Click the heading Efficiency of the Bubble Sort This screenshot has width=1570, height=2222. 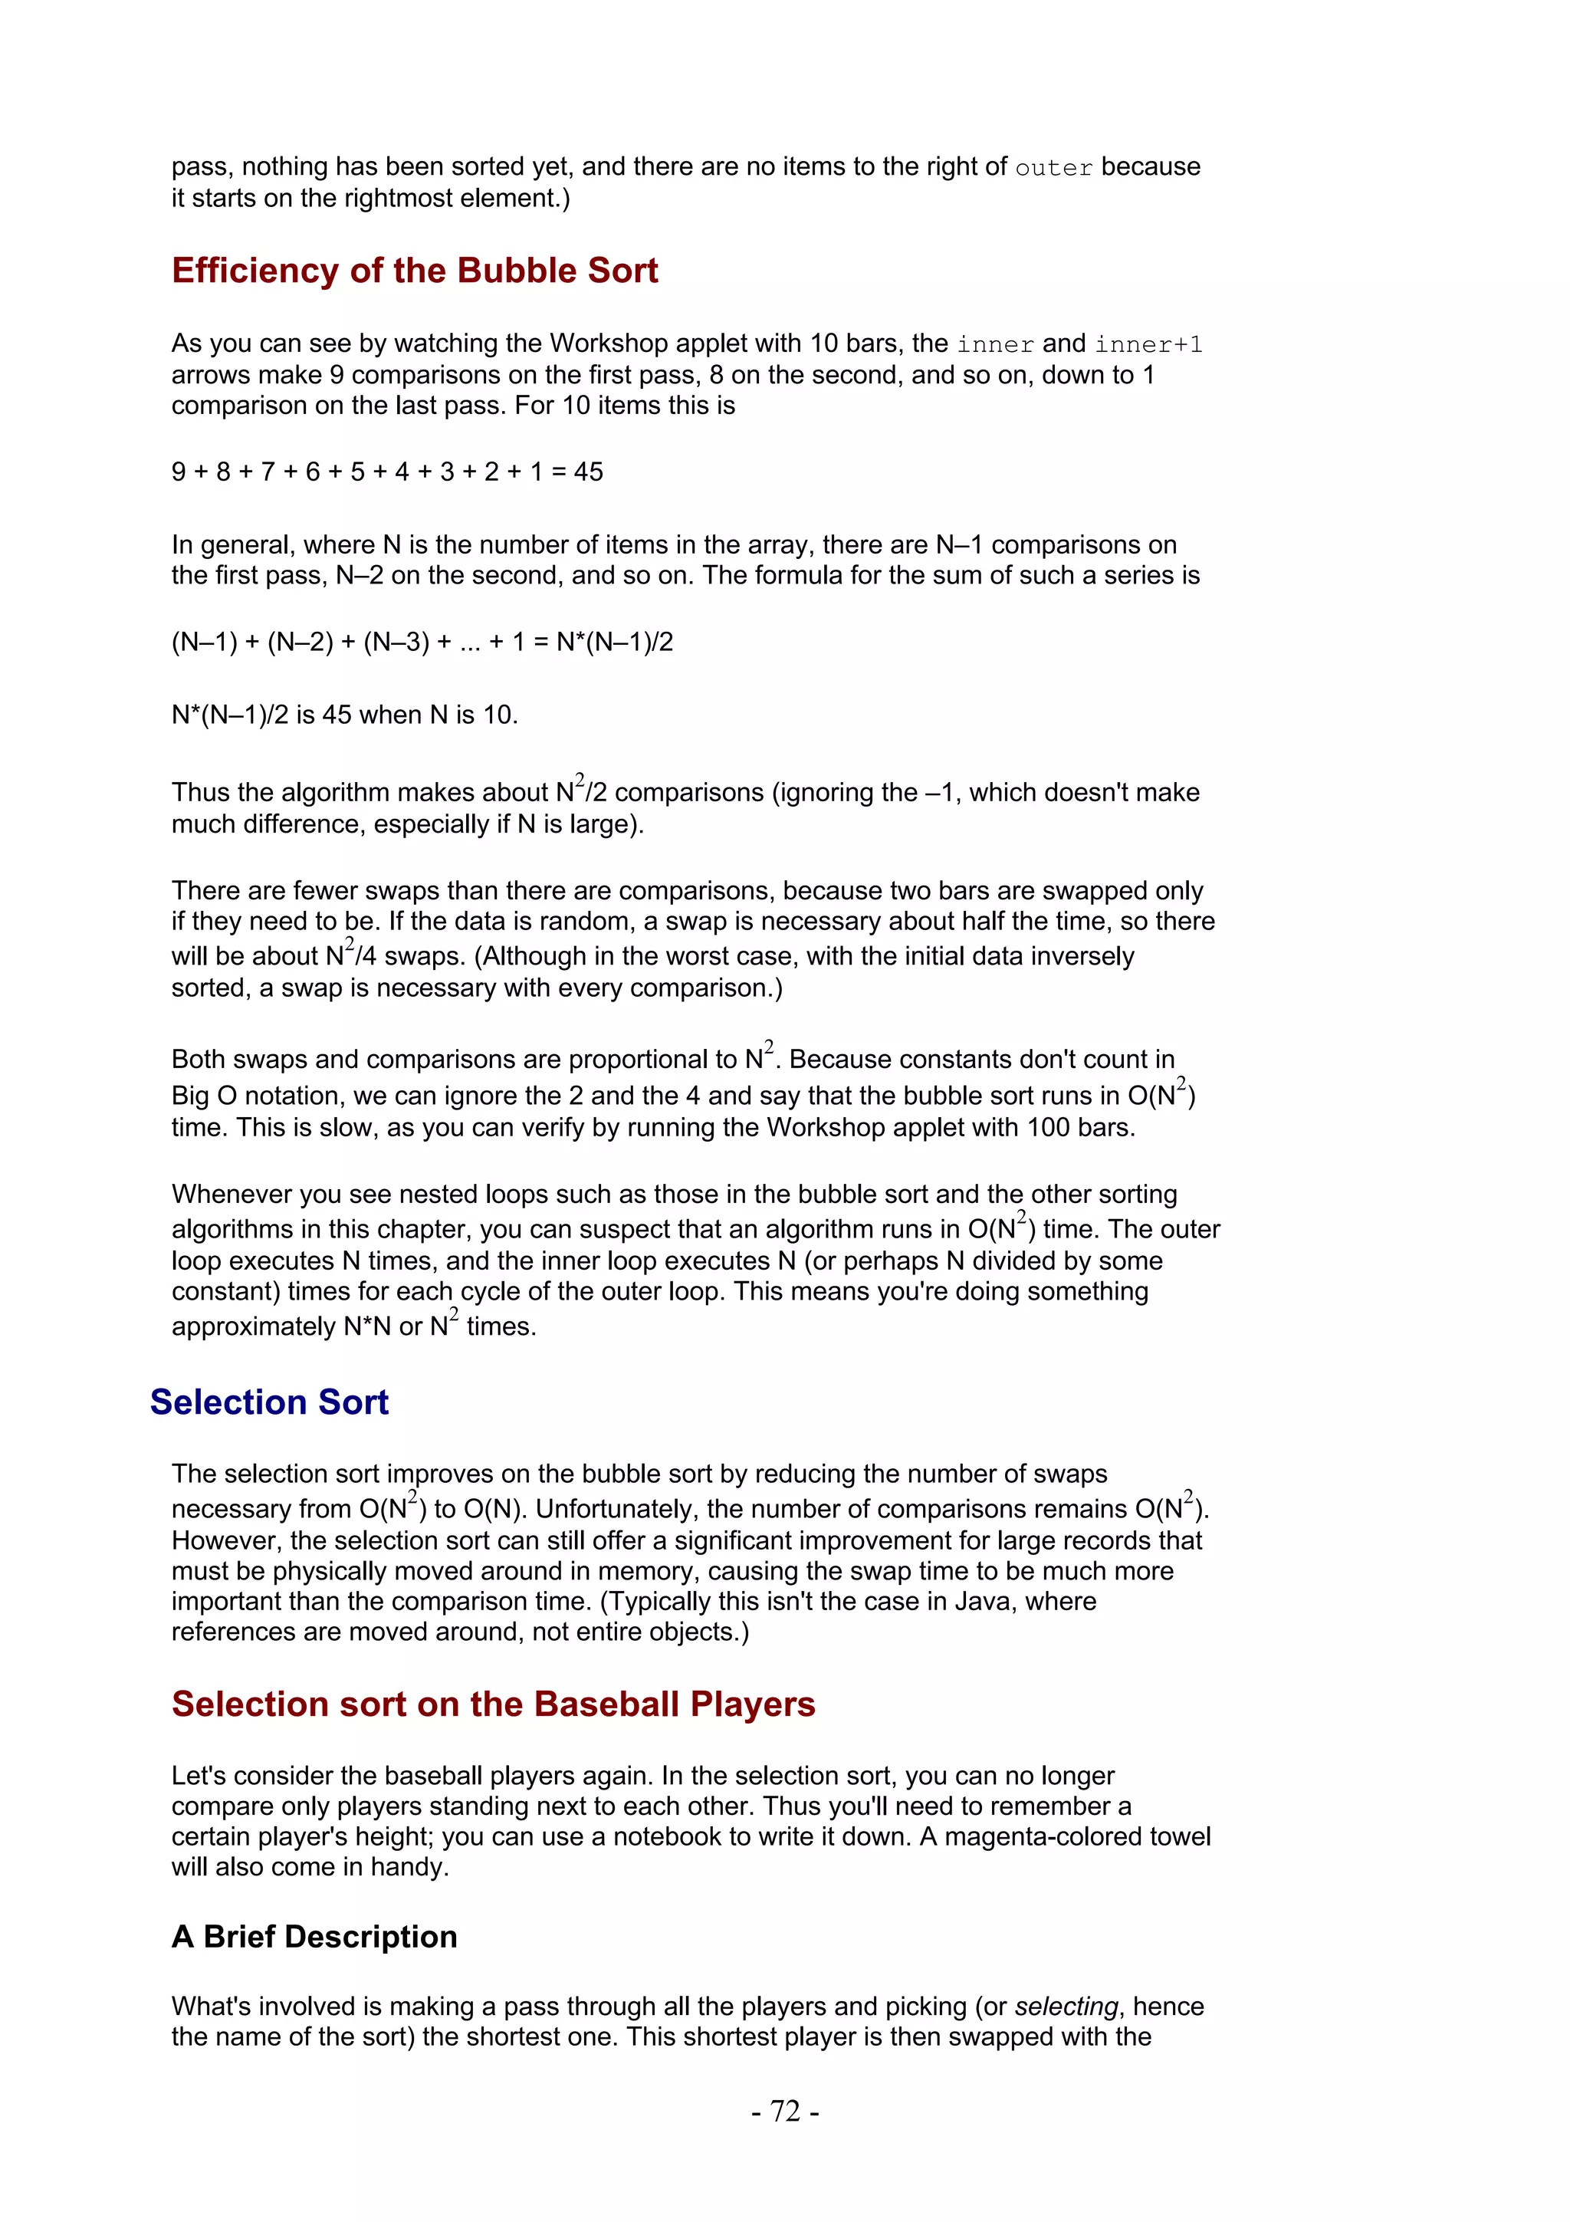click(414, 271)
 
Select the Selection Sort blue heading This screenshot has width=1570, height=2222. click(269, 1402)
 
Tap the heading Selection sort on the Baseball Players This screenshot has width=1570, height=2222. click(494, 1704)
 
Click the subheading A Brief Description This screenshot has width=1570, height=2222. click(314, 1937)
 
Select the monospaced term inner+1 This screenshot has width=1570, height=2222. click(1149, 344)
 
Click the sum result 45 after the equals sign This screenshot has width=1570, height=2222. click(588, 472)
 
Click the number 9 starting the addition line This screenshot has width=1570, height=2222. click(179, 472)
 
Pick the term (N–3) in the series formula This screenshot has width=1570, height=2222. click(396, 643)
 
